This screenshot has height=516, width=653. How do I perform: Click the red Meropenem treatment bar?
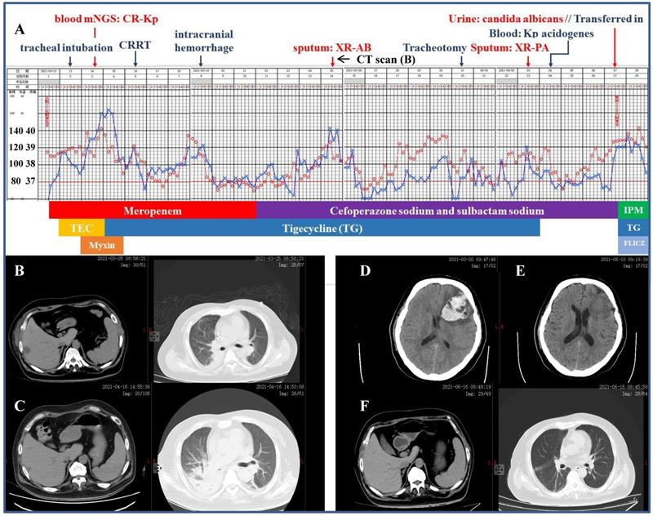point(153,211)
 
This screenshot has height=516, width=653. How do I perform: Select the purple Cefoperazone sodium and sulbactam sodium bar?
point(436,211)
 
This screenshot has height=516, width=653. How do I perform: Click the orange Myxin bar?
point(102,244)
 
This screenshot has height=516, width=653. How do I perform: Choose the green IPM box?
point(633,211)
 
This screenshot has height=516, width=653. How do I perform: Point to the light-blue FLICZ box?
point(633,244)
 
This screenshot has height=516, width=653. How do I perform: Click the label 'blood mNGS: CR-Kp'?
point(94,18)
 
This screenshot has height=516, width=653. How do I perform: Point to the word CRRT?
point(135,45)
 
